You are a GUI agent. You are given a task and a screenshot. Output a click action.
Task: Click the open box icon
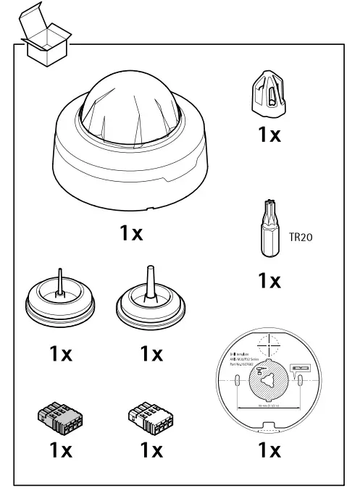(46, 36)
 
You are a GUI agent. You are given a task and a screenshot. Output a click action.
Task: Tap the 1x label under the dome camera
(131, 234)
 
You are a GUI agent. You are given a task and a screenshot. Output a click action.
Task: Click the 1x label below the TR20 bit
(269, 281)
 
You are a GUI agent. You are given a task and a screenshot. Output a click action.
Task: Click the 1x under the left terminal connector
(60, 451)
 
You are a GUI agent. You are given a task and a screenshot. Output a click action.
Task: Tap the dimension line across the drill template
(269, 407)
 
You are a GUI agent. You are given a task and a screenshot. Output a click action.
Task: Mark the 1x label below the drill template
(269, 451)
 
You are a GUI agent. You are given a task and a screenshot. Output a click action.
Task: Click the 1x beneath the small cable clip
(269, 135)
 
